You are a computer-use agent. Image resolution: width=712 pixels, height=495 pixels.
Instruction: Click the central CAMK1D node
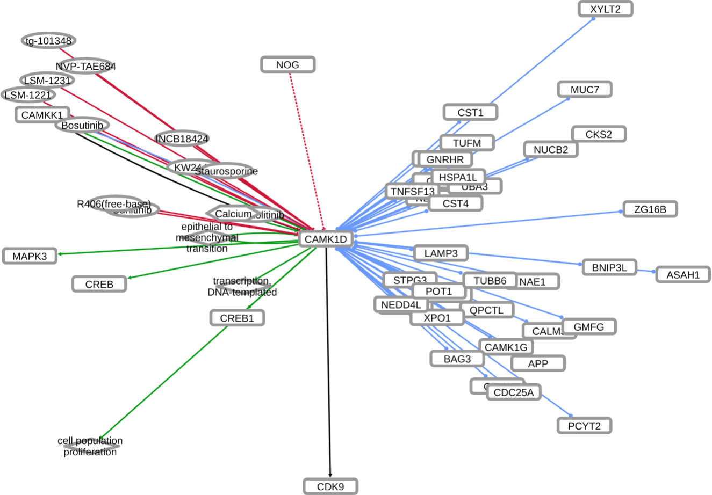pos(326,239)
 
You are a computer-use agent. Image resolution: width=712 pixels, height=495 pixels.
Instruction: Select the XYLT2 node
pos(605,9)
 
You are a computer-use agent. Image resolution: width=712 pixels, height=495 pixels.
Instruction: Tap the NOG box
pos(287,65)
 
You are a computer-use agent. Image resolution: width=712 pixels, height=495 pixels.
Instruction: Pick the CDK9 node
pos(330,487)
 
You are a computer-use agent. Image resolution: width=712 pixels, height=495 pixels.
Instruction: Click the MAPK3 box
pos(30,256)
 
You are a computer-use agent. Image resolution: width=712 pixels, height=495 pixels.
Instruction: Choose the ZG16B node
pos(650,209)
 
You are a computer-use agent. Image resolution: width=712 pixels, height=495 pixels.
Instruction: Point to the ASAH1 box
pos(683,275)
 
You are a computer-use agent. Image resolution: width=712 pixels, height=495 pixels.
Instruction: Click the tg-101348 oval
pos(49,41)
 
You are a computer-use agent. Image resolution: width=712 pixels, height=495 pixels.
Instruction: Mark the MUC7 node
pos(584,90)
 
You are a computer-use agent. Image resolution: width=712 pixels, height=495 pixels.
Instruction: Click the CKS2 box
pos(598,134)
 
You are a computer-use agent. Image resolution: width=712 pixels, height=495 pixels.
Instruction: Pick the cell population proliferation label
pos(90,446)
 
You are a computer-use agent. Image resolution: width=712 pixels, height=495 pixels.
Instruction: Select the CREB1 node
pos(237,318)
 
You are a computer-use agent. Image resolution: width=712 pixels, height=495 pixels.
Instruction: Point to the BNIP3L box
pos(609,267)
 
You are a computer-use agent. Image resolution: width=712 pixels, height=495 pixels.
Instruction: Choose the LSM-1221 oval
pos(28,95)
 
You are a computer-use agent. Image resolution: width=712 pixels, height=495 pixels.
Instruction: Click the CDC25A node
pos(513,392)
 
